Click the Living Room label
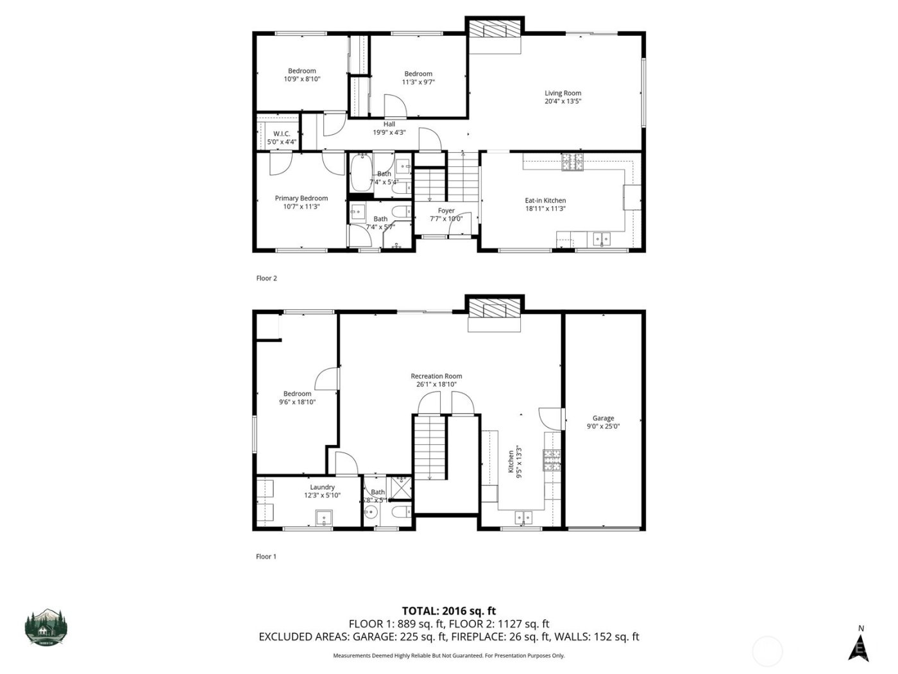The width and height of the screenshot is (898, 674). pos(563,94)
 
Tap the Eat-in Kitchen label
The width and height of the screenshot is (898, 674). pos(545,201)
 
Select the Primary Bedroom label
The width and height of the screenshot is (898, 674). pos(301,198)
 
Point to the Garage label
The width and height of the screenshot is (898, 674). pos(603,419)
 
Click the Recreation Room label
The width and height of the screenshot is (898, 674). pos(436,377)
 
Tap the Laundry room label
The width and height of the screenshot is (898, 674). pos(322,487)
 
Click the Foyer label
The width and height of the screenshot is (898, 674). pos(446,211)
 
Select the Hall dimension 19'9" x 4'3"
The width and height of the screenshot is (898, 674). pos(389,133)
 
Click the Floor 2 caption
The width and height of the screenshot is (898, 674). pos(266,279)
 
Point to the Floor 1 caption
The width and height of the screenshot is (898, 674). pos(266,557)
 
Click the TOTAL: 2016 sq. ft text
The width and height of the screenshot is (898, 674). pos(448,611)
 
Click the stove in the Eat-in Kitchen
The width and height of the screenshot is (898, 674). pos(573,162)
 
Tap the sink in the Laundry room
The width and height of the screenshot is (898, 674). pos(324,517)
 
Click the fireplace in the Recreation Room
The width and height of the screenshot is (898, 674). pos(495,309)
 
